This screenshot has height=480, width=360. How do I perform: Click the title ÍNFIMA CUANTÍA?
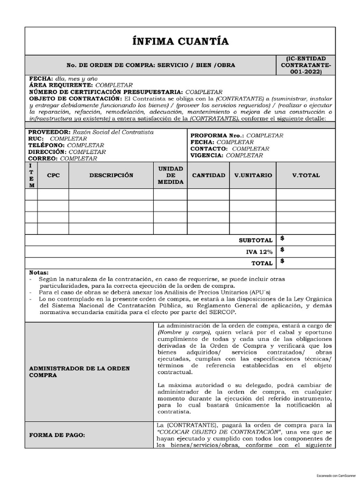tap(180, 42)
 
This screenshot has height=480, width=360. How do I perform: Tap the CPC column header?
tap(53, 175)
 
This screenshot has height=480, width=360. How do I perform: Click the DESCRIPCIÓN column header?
tap(111, 175)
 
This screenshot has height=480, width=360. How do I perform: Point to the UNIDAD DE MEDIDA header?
tap(171, 175)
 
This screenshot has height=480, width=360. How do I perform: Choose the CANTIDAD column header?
tap(209, 175)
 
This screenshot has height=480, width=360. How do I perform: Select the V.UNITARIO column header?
tap(253, 175)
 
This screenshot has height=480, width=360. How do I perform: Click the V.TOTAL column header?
tap(306, 175)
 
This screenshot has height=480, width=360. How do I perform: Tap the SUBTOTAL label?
tap(255, 240)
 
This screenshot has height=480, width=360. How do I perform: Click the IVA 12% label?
tap(259, 252)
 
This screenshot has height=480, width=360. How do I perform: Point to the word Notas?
tap(39, 272)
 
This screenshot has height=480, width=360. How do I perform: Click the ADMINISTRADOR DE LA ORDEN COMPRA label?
tap(79, 372)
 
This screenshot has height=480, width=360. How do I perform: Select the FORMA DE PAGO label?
tap(57, 435)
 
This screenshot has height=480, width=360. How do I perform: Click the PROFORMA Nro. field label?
tap(217, 135)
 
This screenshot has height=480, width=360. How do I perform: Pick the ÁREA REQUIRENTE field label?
tap(61, 85)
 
